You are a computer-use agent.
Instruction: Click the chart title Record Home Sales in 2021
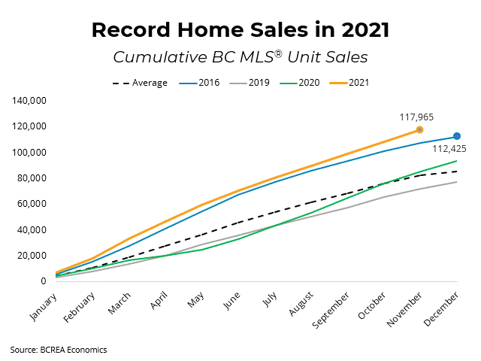coord(240,30)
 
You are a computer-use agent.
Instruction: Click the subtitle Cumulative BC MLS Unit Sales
coord(240,57)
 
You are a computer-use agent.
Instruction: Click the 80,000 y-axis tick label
coord(30,178)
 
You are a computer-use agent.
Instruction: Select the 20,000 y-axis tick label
coord(30,256)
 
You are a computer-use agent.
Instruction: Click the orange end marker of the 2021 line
coord(419,129)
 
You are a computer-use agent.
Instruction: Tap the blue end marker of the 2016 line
coord(457,136)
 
